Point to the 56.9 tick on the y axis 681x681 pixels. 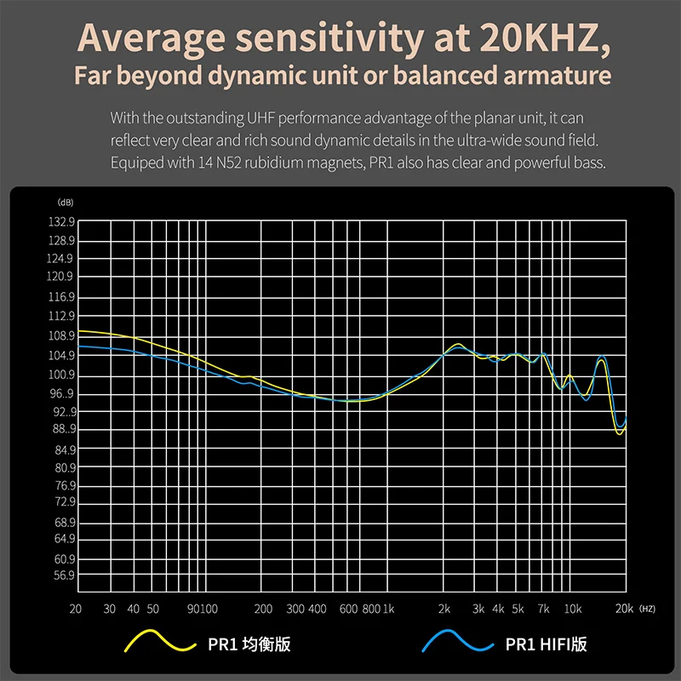[65, 576]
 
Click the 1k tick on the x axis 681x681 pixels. [389, 609]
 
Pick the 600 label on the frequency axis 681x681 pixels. [348, 609]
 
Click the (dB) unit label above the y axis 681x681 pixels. [66, 203]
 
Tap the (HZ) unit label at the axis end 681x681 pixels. [648, 609]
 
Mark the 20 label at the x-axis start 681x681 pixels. [76, 609]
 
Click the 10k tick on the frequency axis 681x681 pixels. [573, 609]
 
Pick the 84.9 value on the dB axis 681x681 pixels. [65, 450]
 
